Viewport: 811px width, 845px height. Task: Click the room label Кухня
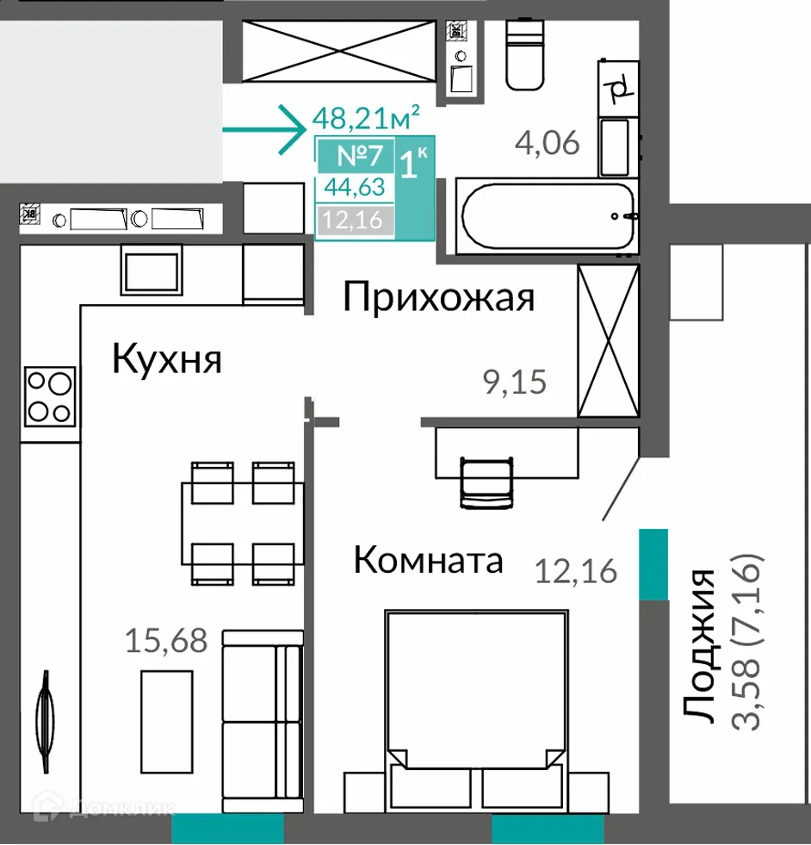pos(167,359)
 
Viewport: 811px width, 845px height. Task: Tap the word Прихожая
pos(438,297)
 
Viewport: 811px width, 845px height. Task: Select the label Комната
pos(428,561)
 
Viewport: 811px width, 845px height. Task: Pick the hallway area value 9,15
pos(515,382)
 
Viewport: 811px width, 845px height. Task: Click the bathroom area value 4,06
pos(547,142)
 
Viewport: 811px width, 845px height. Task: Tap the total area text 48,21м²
pos(367,116)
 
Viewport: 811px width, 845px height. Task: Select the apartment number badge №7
pos(357,157)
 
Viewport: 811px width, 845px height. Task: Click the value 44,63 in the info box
pos(355,187)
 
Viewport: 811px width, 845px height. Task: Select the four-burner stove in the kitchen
pos(49,395)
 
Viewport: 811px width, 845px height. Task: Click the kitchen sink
pos(152,269)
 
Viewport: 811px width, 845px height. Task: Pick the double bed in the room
pos(475,706)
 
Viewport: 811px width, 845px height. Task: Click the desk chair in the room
pos(487,482)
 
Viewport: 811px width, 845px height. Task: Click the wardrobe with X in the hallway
pos(609,340)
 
